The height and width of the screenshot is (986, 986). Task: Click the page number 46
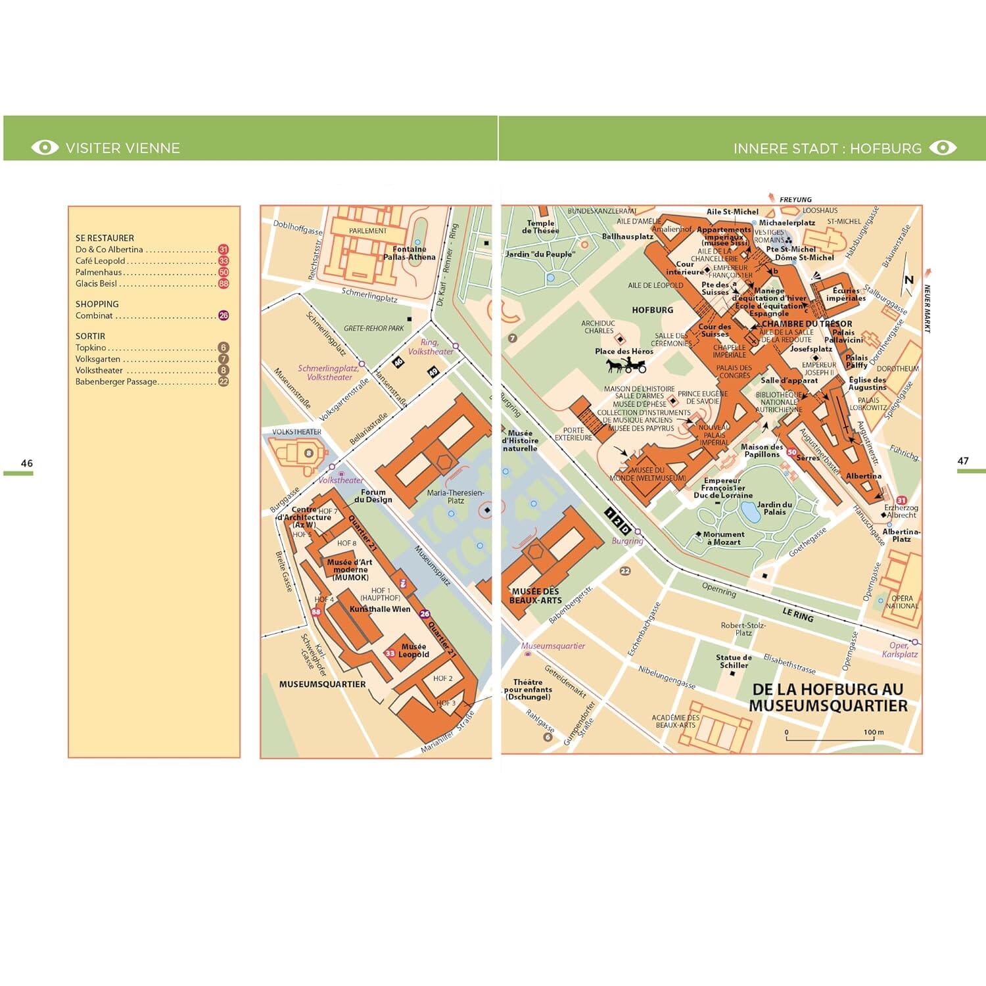click(x=26, y=463)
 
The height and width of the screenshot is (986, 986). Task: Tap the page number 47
click(x=962, y=461)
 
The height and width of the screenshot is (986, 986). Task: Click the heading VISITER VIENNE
click(x=122, y=148)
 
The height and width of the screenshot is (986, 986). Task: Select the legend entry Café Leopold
click(x=100, y=261)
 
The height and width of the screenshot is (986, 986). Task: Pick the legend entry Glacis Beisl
click(x=96, y=283)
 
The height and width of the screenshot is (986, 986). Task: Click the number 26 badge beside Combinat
click(x=223, y=316)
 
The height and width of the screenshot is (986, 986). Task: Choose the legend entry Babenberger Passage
click(x=116, y=381)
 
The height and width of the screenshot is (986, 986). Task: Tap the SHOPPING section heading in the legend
click(x=97, y=304)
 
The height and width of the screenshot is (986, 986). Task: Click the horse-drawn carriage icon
click(x=626, y=365)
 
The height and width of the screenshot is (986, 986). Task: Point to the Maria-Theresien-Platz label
click(x=455, y=496)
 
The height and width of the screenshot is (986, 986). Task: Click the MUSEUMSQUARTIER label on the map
click(x=322, y=684)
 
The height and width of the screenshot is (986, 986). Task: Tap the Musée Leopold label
click(x=413, y=650)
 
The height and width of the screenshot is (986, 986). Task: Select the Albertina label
click(x=863, y=476)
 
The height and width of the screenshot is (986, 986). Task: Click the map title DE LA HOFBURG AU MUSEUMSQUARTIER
click(x=828, y=697)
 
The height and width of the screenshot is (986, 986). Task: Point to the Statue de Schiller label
click(x=734, y=661)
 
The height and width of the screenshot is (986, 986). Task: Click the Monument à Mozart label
click(x=723, y=538)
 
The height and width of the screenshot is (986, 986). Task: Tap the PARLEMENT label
click(x=367, y=231)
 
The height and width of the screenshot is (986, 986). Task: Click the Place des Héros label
click(x=624, y=351)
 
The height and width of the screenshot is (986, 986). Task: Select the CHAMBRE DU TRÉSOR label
click(x=807, y=324)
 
